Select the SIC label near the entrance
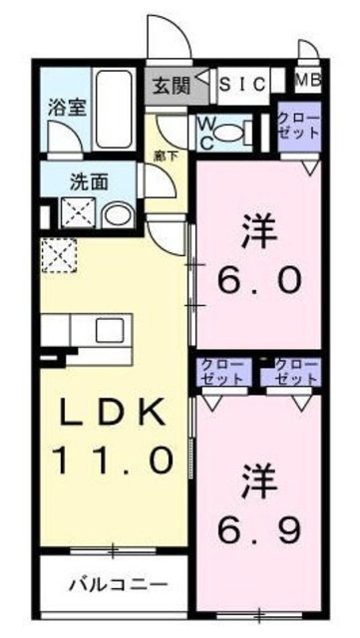(242, 84)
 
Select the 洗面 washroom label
(89, 183)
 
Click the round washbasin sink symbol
(117, 214)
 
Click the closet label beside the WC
(297, 126)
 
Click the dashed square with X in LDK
(57, 255)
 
